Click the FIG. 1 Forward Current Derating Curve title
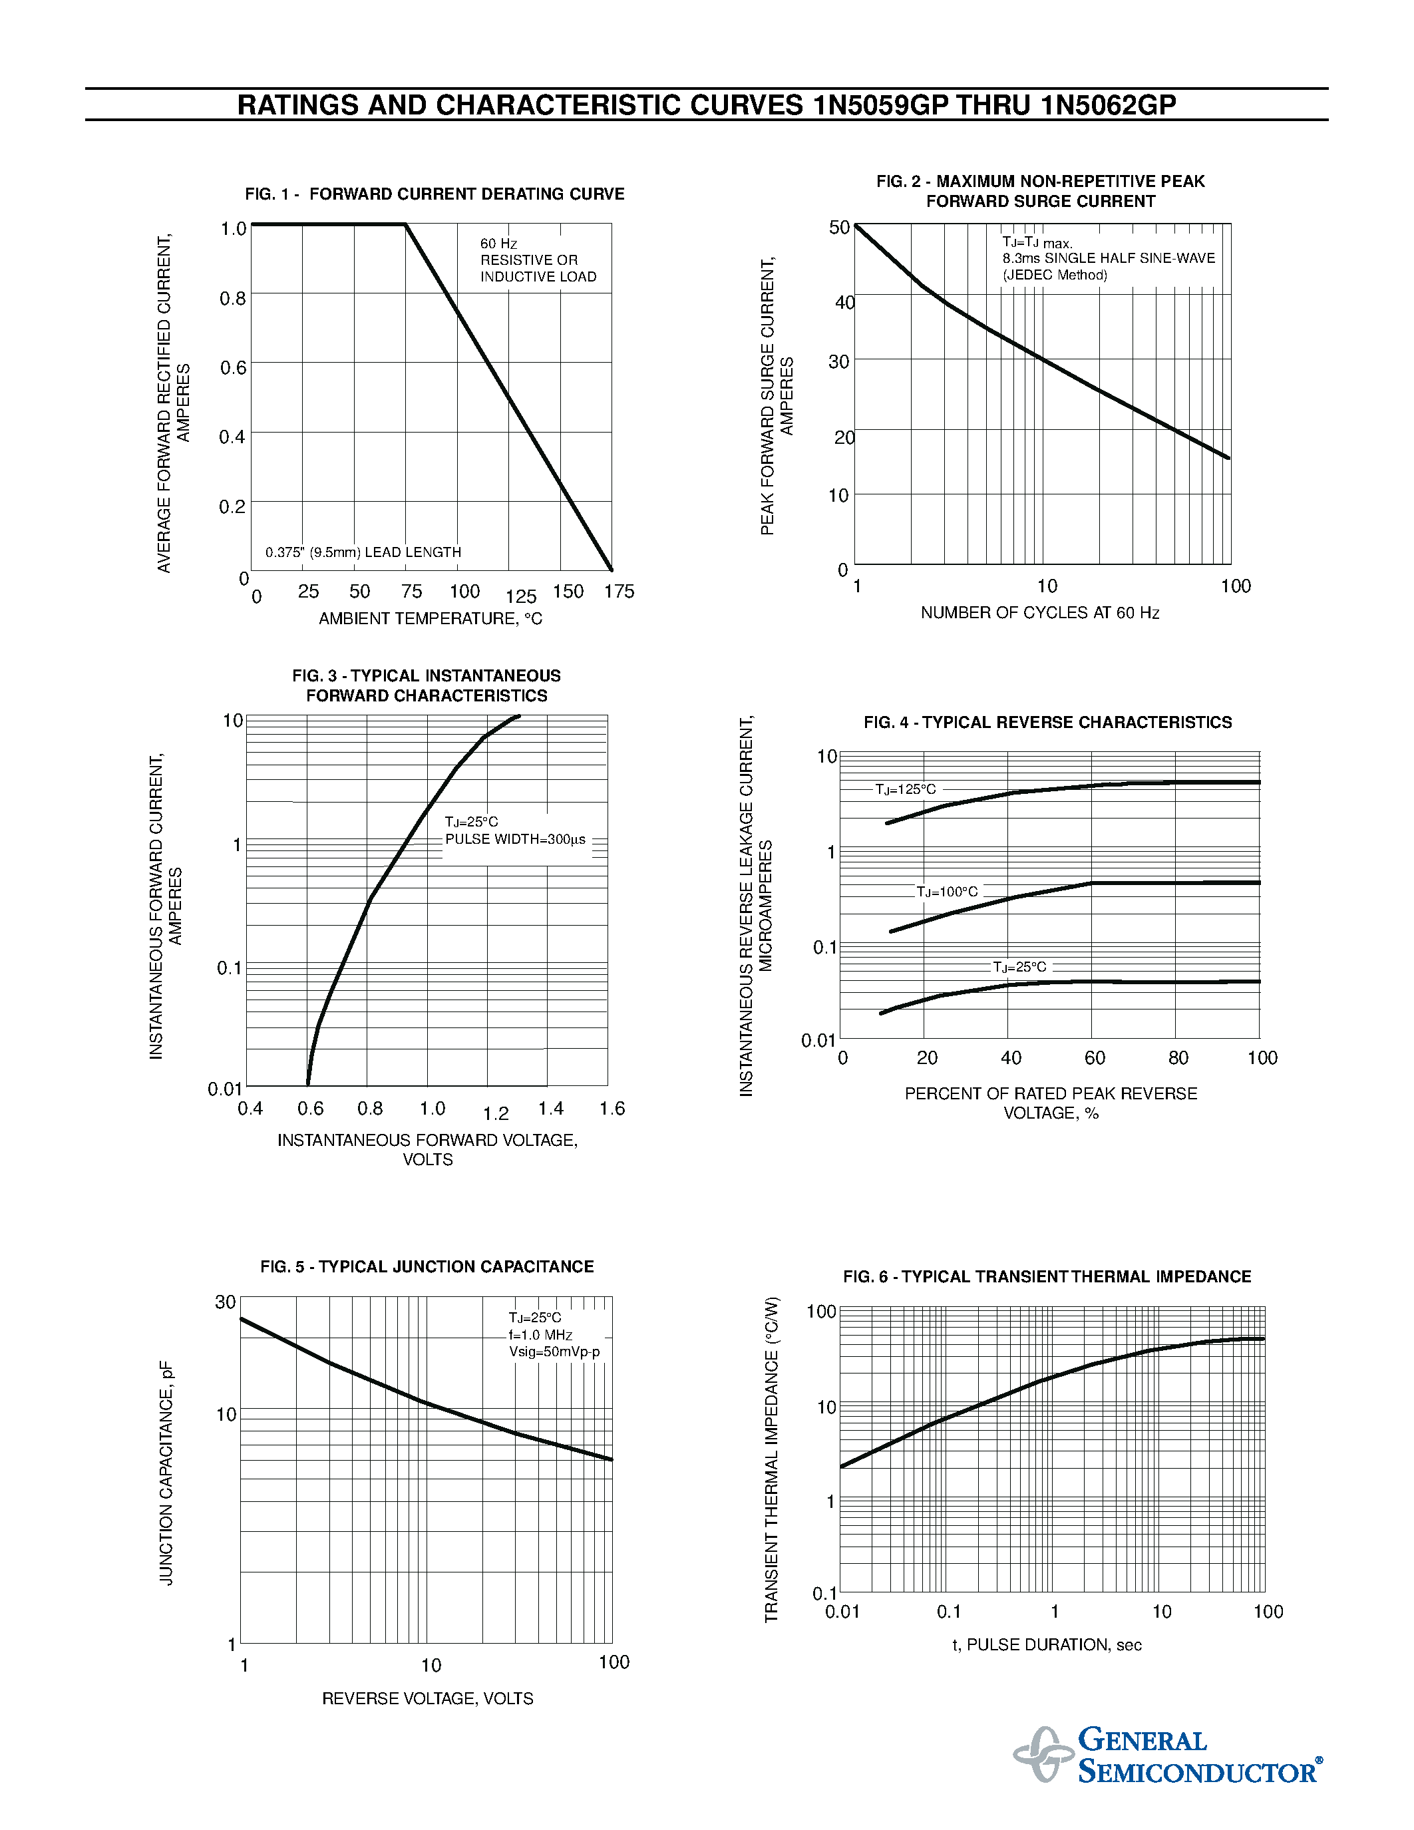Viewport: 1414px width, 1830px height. coord(434,194)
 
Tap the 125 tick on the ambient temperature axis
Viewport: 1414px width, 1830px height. coord(520,597)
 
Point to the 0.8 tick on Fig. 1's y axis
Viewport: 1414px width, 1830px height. coord(233,298)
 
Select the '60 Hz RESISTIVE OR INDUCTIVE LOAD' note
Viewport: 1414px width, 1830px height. coord(538,260)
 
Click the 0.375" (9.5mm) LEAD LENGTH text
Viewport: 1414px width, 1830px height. coord(363,552)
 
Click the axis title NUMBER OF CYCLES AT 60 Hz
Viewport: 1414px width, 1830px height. coord(1039,612)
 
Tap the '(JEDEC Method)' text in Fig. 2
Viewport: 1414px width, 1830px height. coord(1055,275)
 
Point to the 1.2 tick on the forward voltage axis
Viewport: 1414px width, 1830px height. coord(496,1113)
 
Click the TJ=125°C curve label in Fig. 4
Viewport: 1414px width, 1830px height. coord(906,789)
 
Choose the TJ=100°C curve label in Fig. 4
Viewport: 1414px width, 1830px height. coord(947,892)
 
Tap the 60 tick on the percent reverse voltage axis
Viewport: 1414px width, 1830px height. coord(1094,1057)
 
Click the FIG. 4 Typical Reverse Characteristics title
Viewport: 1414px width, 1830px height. coord(1047,722)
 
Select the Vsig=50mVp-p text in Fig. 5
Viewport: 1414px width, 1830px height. coord(554,1352)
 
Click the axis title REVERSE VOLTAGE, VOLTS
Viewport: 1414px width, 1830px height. coord(427,1698)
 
